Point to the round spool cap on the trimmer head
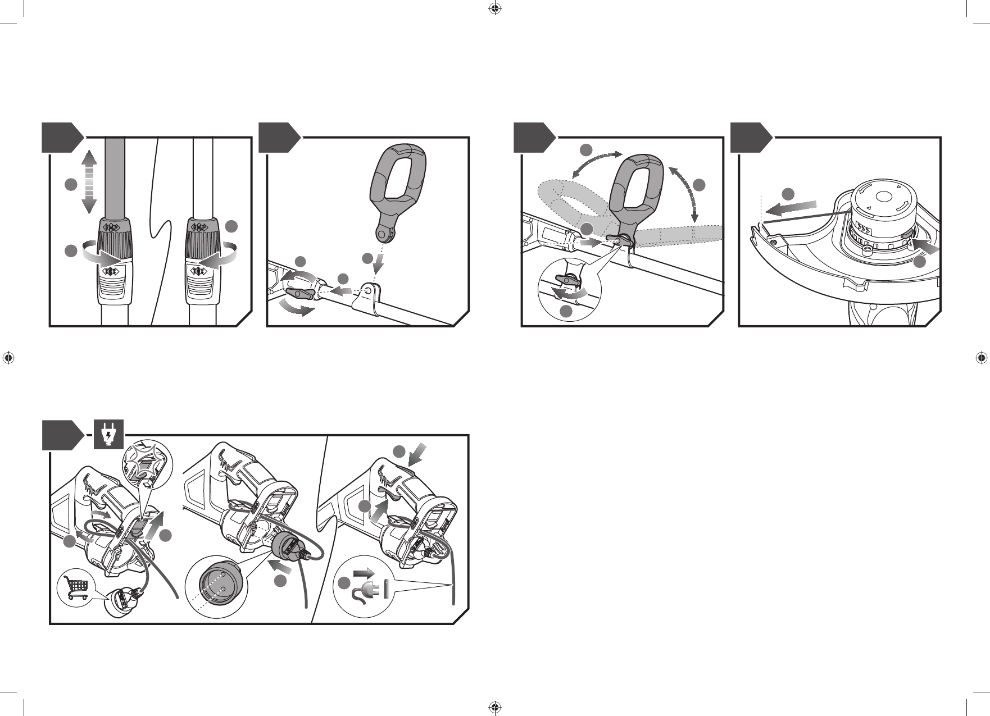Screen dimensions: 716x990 (x=883, y=197)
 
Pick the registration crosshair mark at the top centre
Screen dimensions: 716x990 (x=494, y=8)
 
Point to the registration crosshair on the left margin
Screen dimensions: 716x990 (x=8, y=357)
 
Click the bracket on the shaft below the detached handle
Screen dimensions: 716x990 (x=368, y=298)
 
